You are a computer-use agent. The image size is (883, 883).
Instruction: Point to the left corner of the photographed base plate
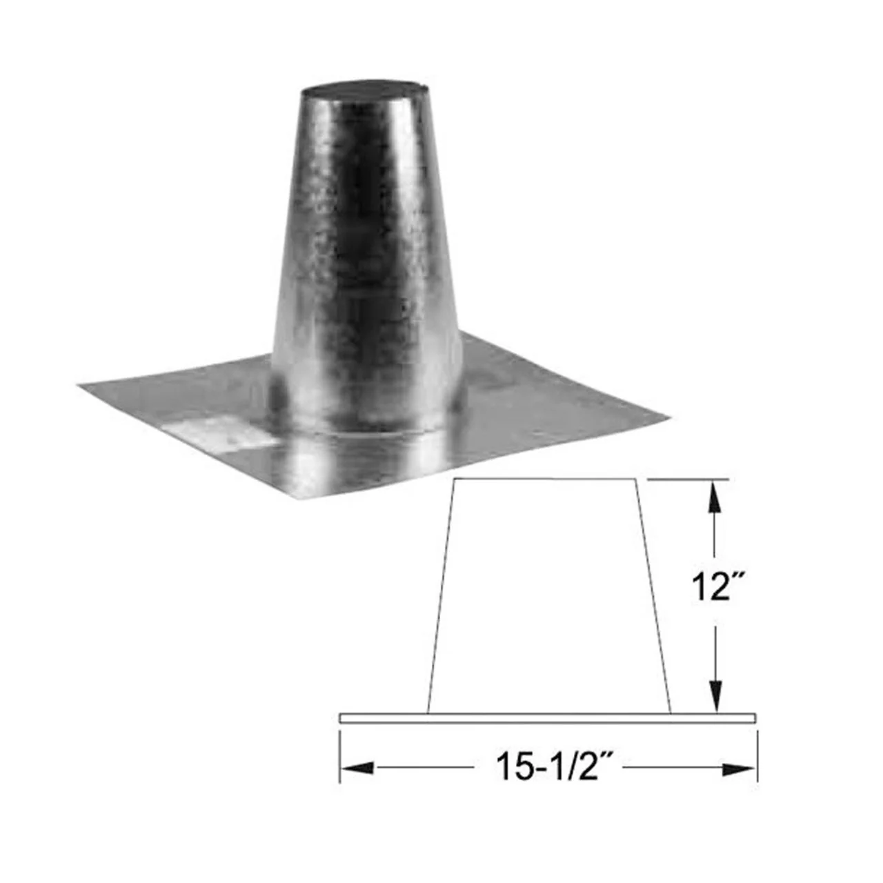click(79, 386)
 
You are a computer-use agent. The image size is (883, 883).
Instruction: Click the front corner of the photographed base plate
click(292, 499)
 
